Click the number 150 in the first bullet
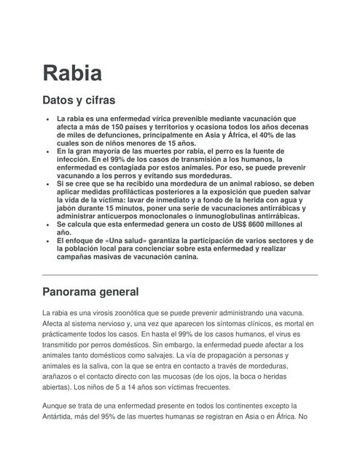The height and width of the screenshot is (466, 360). (x=109, y=127)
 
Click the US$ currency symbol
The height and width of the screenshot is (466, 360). (x=197, y=225)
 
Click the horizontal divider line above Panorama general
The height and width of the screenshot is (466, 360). (x=180, y=275)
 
